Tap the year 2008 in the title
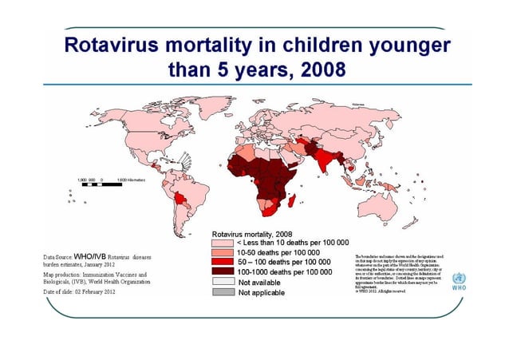pyautogui.click(x=317, y=69)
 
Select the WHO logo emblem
pyautogui.click(x=459, y=279)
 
